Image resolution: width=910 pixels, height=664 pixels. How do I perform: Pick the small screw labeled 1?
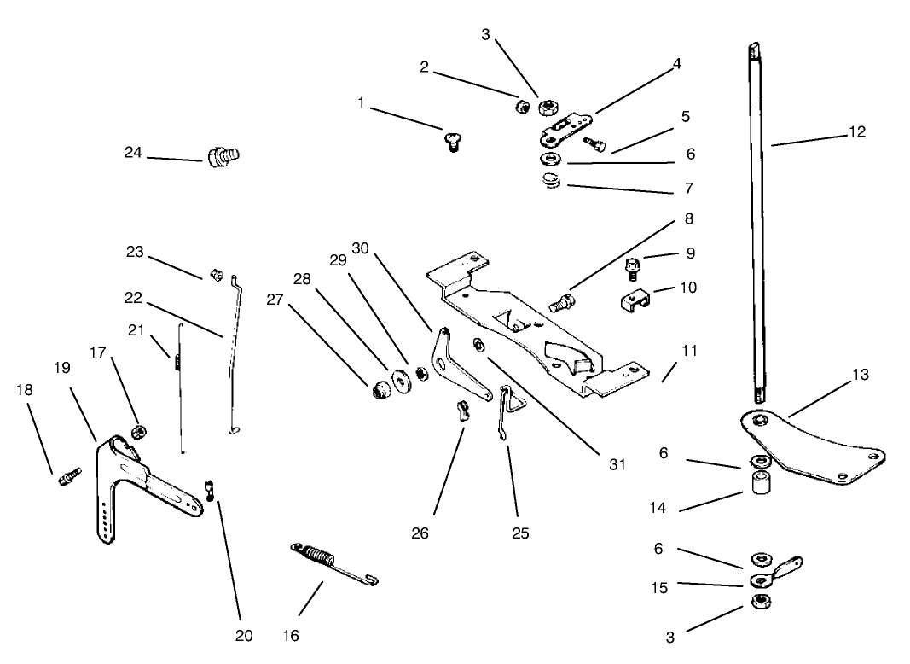pos(452,139)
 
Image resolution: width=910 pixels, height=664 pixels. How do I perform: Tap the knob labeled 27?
pos(380,389)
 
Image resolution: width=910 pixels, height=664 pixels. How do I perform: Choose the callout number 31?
pos(617,464)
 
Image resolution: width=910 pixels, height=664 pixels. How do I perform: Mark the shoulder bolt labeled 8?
pos(564,300)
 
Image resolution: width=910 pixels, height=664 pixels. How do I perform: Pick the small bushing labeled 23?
pos(217,276)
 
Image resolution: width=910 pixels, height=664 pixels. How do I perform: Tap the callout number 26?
pos(420,533)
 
